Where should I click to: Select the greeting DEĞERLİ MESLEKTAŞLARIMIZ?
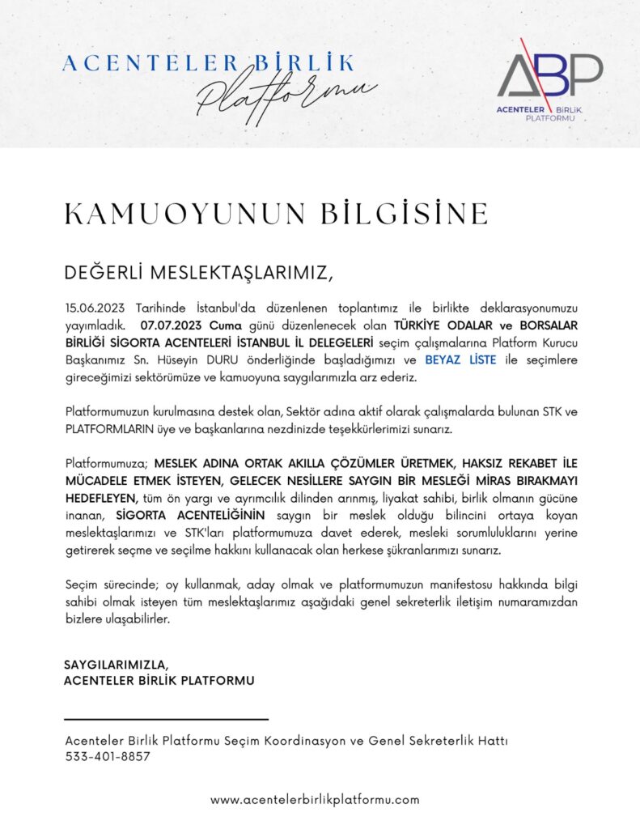(198, 273)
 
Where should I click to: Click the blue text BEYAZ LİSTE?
(460, 360)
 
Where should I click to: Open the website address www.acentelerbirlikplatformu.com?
(315, 800)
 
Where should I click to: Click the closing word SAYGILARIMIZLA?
(117, 665)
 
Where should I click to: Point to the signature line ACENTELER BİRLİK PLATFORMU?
(159, 681)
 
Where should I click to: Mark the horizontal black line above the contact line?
(166, 719)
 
